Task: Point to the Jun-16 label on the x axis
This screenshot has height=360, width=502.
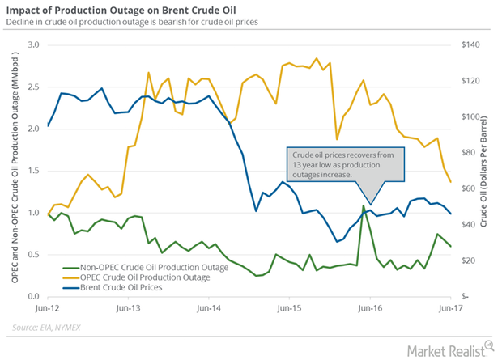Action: [x=370, y=308]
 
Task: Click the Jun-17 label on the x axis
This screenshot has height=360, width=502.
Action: [x=450, y=308]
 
